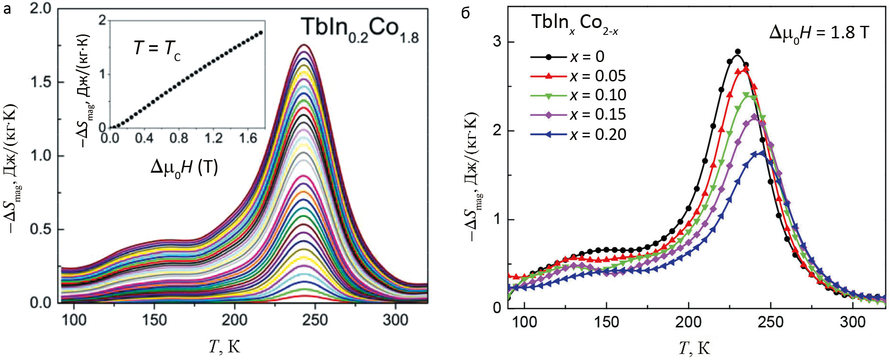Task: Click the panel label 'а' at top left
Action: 7,9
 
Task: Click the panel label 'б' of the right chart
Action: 465,13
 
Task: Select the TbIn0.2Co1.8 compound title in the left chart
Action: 360,29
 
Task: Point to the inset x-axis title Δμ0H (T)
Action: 184,167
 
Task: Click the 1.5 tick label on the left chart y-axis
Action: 41,82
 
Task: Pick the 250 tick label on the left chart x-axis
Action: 315,320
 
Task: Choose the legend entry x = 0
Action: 587,56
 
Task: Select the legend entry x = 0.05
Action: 598,76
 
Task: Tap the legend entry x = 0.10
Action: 598,95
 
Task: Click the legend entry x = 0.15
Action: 598,114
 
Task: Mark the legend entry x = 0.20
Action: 598,134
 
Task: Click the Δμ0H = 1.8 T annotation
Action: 819,33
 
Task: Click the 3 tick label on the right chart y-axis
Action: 497,42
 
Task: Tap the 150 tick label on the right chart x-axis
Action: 606,322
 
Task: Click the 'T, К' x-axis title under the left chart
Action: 224,346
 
